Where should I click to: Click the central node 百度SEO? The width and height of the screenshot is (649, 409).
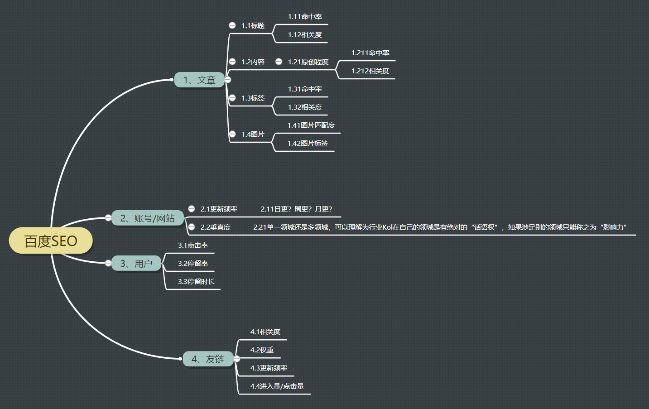pos(51,241)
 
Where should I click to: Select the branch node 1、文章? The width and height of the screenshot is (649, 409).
pos(199,80)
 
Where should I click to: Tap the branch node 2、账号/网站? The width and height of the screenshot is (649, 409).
pos(148,218)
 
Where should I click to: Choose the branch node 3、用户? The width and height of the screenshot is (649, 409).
pos(136,264)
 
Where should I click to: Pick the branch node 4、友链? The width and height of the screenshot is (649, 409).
pos(208,359)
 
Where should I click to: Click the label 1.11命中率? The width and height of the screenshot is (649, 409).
pos(305,17)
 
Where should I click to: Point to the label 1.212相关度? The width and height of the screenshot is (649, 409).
pos(370,71)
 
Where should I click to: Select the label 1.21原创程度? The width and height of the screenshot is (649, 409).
pos(308,62)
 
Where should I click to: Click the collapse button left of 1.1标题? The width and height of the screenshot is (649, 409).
pos(232,25)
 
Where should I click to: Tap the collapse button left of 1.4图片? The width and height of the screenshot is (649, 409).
pos(232,134)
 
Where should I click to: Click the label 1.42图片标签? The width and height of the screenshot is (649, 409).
pos(308,144)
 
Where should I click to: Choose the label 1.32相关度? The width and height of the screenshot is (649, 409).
pos(305,107)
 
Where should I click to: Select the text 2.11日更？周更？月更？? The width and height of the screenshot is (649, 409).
pos(296,209)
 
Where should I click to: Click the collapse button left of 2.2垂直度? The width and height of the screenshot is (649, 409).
pos(192,227)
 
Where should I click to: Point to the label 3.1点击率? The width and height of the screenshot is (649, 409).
pos(193,245)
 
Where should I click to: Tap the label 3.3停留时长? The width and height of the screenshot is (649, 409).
pos(196,282)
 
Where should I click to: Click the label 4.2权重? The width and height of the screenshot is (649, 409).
pos(262,350)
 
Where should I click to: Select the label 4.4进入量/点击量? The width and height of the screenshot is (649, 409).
pos(277,386)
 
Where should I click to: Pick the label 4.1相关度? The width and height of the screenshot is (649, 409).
pos(265,332)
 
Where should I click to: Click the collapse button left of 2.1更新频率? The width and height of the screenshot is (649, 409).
pos(192,209)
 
